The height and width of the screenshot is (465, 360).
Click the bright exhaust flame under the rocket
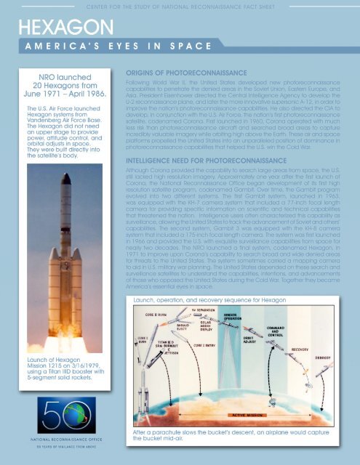[60, 320]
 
